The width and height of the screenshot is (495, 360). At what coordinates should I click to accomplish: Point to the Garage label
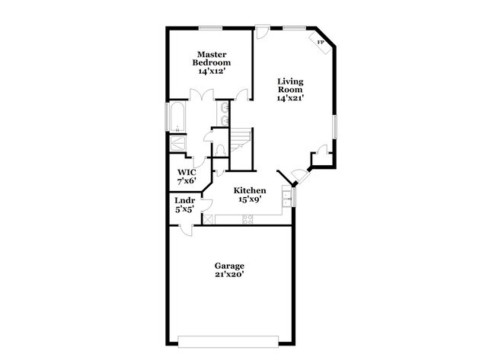pos(228,266)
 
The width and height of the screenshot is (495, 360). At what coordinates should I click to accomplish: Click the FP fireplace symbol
pos(320,43)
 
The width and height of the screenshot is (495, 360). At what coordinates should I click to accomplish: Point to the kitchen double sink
pos(286,199)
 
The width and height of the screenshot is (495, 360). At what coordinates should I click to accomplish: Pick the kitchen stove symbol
pos(247,219)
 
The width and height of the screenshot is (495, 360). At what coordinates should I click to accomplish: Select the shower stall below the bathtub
pos(177,142)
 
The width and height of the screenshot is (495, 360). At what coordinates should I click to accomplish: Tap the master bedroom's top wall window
pos(211,28)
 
